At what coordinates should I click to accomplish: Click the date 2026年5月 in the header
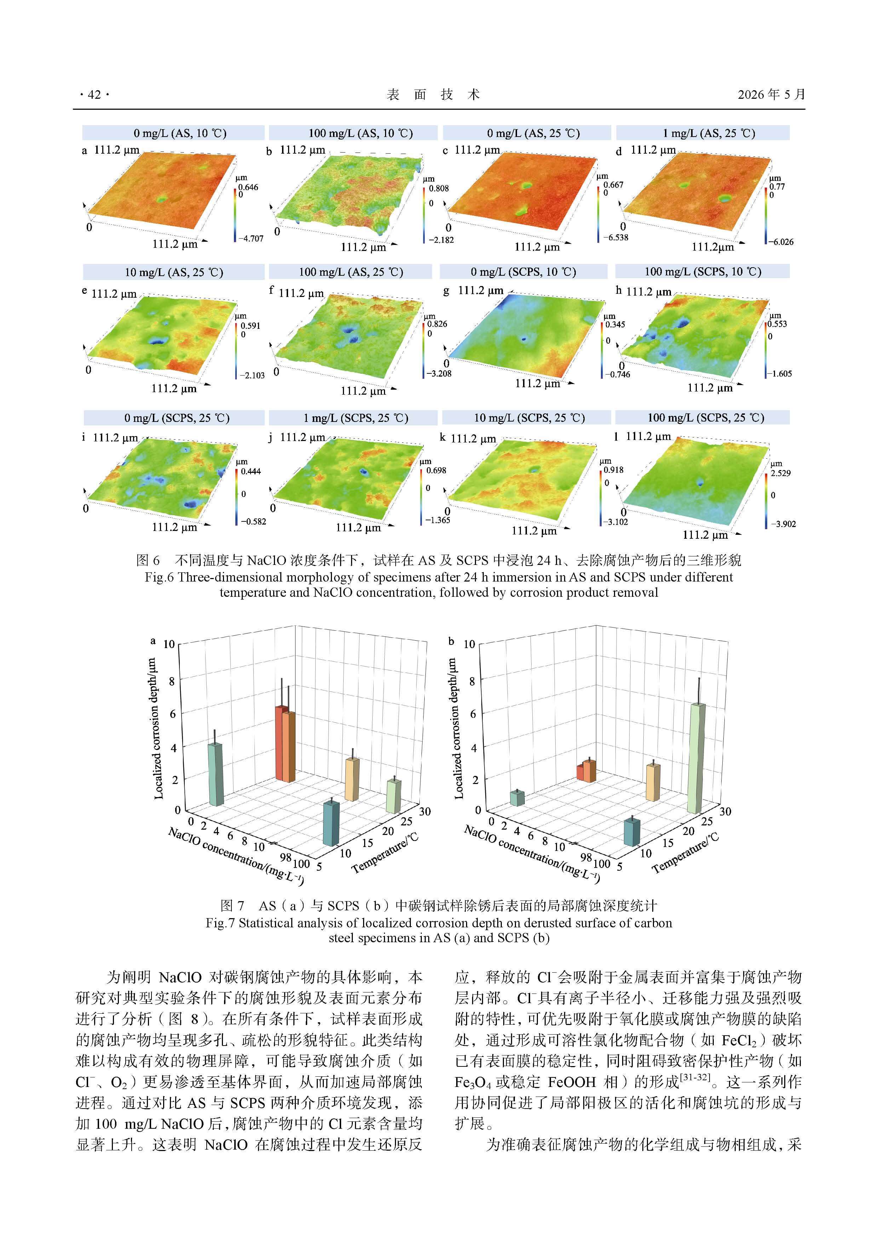771,95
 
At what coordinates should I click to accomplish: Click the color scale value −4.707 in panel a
251,239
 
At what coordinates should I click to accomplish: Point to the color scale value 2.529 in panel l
781,473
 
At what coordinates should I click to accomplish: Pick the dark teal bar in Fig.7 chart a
331,823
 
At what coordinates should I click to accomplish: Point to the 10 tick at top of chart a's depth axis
169,644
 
